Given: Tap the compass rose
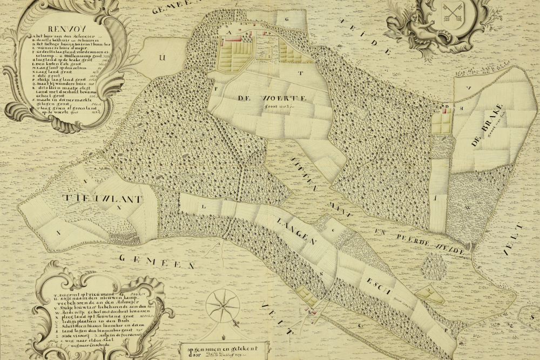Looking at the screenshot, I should point(223,305).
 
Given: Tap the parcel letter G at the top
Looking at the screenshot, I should point(287,19).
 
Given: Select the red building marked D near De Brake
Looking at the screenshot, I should point(445,110).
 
